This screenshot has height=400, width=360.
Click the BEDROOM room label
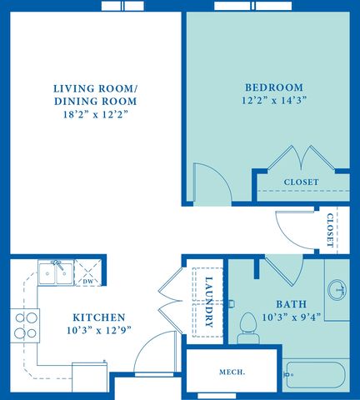coord(274,87)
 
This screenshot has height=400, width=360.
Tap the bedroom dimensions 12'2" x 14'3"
coord(274,100)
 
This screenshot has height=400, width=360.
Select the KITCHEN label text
coord(99,317)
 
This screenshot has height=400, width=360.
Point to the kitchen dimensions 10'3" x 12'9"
coord(99,330)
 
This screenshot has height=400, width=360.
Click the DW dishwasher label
coord(88,282)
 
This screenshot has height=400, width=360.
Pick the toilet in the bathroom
coord(248,327)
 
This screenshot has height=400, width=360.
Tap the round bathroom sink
coord(337,289)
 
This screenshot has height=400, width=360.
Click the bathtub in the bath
coord(316,375)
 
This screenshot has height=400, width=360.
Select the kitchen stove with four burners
coord(25,326)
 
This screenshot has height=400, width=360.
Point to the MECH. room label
coord(232,372)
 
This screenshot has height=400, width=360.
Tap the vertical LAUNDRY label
coord(209,302)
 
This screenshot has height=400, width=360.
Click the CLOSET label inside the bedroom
coord(301,182)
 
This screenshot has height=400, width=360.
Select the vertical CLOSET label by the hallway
coord(330,230)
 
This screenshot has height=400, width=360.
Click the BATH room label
coord(292,304)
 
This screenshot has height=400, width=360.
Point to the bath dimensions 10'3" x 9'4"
coord(292,317)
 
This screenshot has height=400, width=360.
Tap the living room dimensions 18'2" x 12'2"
coord(96,114)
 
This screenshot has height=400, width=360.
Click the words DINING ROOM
coord(96,102)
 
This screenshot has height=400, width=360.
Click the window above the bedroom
coord(253,6)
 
